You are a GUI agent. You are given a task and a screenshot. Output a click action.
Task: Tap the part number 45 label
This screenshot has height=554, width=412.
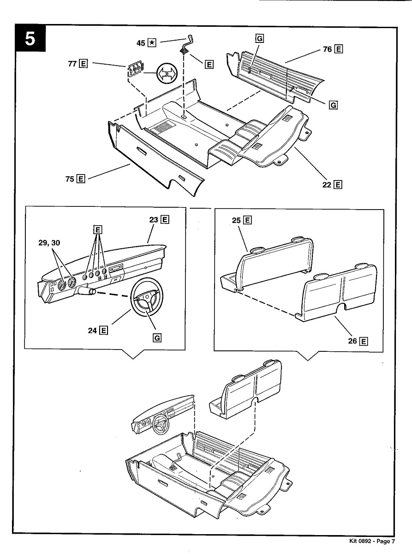pyautogui.click(x=141, y=43)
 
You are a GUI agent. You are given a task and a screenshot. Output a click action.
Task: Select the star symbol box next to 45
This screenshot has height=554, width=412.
pyautogui.click(x=152, y=43)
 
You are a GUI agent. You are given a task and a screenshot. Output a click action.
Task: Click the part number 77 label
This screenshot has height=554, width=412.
pyautogui.click(x=72, y=64)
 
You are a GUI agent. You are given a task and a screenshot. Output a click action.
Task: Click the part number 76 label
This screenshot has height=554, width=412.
pyautogui.click(x=328, y=49)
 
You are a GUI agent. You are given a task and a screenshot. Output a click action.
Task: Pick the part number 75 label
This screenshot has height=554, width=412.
pyautogui.click(x=70, y=179)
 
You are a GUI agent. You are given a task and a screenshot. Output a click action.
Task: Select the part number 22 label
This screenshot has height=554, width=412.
pyautogui.click(x=327, y=185)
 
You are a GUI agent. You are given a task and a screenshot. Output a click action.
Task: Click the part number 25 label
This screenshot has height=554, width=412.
pyautogui.click(x=237, y=220)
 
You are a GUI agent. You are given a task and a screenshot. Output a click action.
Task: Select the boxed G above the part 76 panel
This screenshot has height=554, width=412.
pyautogui.click(x=259, y=39)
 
